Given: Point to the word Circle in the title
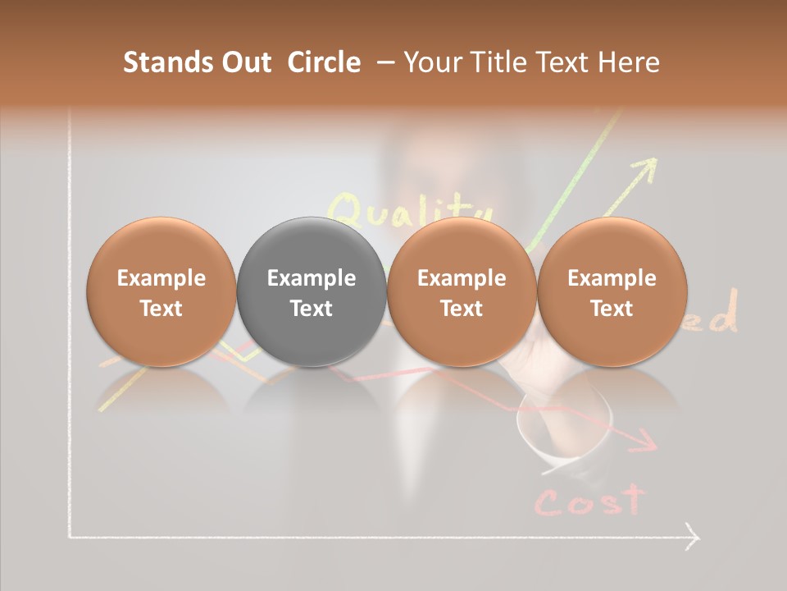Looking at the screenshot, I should click(x=324, y=62).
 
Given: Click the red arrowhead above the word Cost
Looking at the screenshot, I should click(x=648, y=444).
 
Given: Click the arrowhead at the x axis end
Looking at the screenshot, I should click(x=694, y=538).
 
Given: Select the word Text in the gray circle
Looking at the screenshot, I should click(x=312, y=309).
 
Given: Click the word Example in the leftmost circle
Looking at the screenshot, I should click(x=161, y=278).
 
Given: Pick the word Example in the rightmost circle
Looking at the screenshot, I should click(x=612, y=278).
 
